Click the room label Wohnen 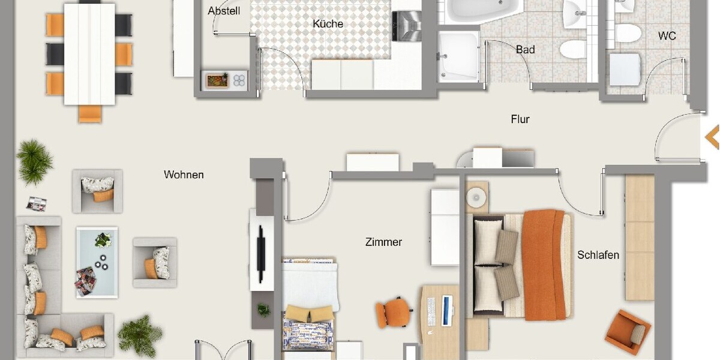tap(184, 175)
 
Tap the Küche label tap(328, 24)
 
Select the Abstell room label tap(223, 11)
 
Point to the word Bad tap(525, 50)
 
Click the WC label tap(667, 36)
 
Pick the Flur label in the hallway tap(520, 119)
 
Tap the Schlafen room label tap(598, 255)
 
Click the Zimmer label tap(383, 242)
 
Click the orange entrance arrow tap(712, 136)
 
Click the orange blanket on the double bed tap(544, 264)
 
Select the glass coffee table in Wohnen tap(97, 262)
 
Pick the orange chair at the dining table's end tap(90, 113)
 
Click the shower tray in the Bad tap(458, 56)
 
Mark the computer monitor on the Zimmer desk tap(446, 310)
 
